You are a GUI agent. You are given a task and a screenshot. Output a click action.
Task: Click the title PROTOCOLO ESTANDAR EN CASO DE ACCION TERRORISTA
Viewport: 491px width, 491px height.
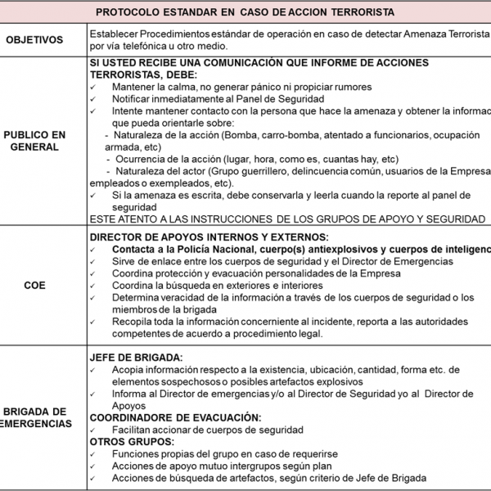click(245, 12)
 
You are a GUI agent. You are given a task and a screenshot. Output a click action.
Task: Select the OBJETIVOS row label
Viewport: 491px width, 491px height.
click(43, 39)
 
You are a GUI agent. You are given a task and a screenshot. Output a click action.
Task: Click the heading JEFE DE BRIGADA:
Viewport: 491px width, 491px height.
click(136, 358)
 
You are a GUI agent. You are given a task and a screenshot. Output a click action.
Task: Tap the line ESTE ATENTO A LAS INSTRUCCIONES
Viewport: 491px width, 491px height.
click(287, 218)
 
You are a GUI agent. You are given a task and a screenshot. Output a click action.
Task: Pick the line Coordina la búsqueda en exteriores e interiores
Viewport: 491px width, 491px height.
click(217, 285)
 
